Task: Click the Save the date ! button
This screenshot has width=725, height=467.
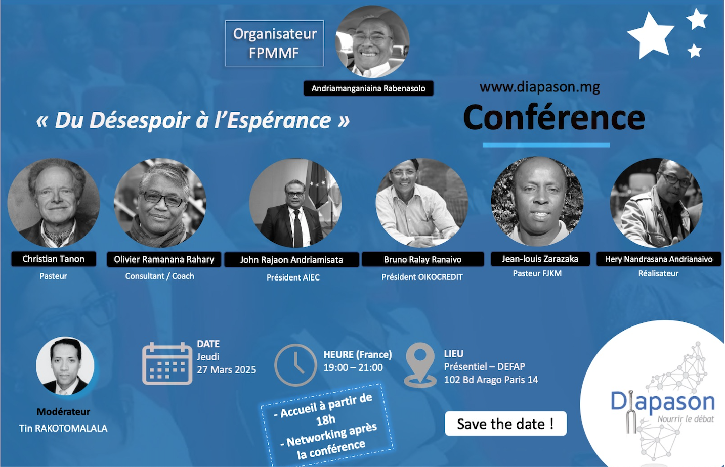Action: coord(505,424)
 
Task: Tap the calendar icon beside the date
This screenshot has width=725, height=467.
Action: coord(167,363)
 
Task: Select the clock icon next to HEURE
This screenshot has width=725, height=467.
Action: coord(295,365)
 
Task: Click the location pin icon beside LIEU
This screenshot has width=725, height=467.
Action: coord(420,365)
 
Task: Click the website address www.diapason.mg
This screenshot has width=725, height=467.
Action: coord(539,87)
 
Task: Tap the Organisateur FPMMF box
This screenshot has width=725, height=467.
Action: coord(274,43)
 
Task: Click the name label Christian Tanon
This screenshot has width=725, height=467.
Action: coord(54,259)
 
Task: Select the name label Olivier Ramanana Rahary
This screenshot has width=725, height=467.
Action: coord(164,259)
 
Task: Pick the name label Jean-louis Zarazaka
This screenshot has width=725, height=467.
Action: coord(540,259)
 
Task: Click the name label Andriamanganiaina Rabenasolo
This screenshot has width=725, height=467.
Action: coord(368,88)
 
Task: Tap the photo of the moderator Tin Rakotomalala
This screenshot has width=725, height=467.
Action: coord(65,366)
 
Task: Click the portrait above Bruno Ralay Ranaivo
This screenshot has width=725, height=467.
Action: coord(422,203)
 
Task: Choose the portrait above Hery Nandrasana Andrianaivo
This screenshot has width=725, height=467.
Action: coord(656,203)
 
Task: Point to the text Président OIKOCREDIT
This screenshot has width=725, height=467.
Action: coord(422,277)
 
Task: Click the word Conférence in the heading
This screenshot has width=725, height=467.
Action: coord(554,118)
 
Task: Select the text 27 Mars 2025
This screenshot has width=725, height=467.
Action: coord(227,369)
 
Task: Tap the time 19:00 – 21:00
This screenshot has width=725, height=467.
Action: coord(353,367)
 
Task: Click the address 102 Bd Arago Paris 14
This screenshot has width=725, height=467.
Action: coord(491,380)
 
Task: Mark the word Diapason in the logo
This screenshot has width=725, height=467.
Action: coord(663,402)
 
